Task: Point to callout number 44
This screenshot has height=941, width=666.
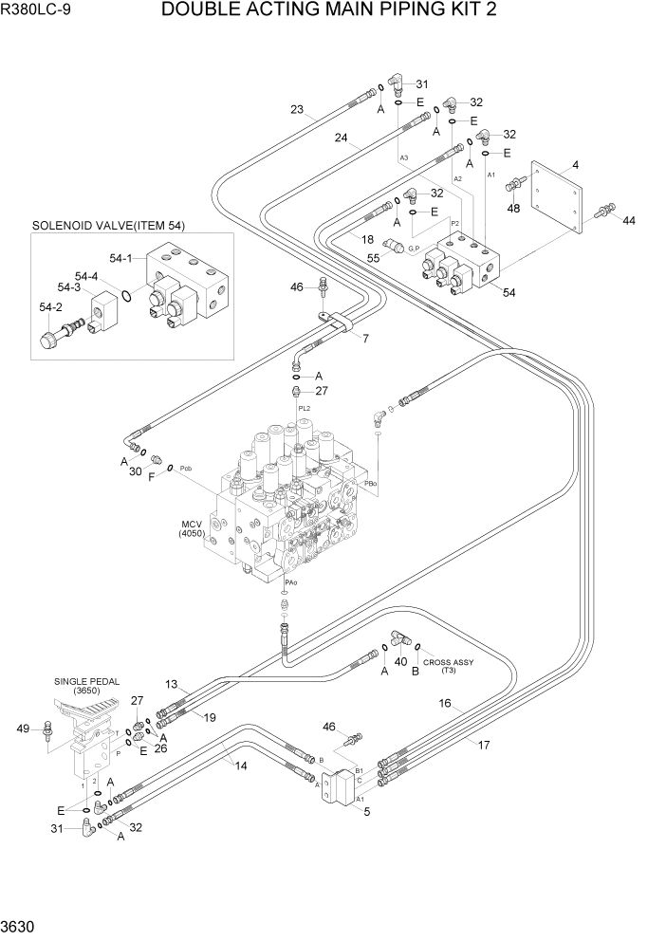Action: pos(629,220)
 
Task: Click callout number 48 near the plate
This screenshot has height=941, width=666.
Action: pos(513,210)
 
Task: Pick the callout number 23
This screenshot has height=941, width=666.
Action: pos(297,110)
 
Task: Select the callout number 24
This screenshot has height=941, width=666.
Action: pos(341,137)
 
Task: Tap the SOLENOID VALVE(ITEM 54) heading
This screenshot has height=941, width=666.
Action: pos(108,226)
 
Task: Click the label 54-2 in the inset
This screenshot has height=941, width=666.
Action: pos(50,307)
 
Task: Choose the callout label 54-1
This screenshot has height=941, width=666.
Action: pos(121,258)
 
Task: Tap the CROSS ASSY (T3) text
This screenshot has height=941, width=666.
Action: pos(448,666)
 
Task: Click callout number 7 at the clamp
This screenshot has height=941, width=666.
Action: pos(366,339)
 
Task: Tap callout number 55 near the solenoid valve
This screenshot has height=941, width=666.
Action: pos(374,258)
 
